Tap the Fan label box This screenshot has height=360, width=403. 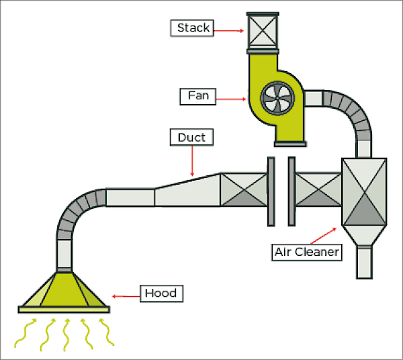[198, 96]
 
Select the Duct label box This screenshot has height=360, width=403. [191, 138]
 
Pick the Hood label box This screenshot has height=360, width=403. [161, 294]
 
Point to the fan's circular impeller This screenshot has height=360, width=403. [277, 99]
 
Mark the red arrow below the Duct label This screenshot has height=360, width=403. [192, 161]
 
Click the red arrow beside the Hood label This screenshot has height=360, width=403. [125, 296]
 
